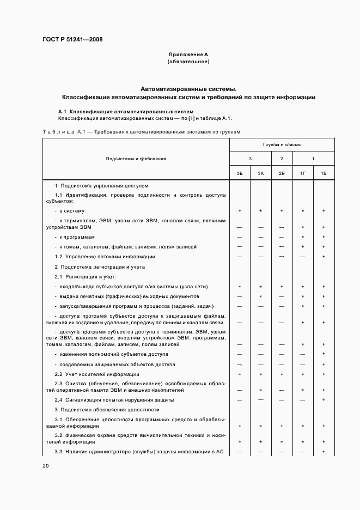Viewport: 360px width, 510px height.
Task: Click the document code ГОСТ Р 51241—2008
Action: coord(72,40)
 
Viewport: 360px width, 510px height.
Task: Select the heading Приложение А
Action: coord(188,54)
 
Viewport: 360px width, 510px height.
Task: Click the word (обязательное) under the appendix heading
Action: coord(188,62)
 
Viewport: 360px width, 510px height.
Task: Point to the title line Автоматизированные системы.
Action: coord(188,88)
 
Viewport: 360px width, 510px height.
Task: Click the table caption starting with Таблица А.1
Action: coord(141,132)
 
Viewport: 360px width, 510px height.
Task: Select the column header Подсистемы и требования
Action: coord(136,159)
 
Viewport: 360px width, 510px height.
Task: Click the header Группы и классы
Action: coord(282,145)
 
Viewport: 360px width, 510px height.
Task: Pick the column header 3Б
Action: coord(240,173)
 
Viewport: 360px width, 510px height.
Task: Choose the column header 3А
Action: coord(261,173)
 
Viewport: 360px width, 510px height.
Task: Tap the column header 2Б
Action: coord(282,173)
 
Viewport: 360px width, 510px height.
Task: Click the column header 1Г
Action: coord(303,173)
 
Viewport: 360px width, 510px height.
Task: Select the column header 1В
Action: coord(324,173)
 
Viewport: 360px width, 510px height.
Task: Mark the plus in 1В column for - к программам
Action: coord(324,237)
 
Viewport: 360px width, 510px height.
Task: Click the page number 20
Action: coord(46,466)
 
